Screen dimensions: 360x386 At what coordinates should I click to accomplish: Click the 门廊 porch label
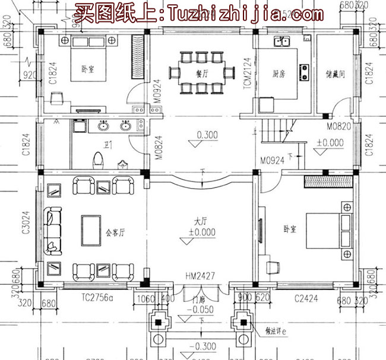[200, 299]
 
